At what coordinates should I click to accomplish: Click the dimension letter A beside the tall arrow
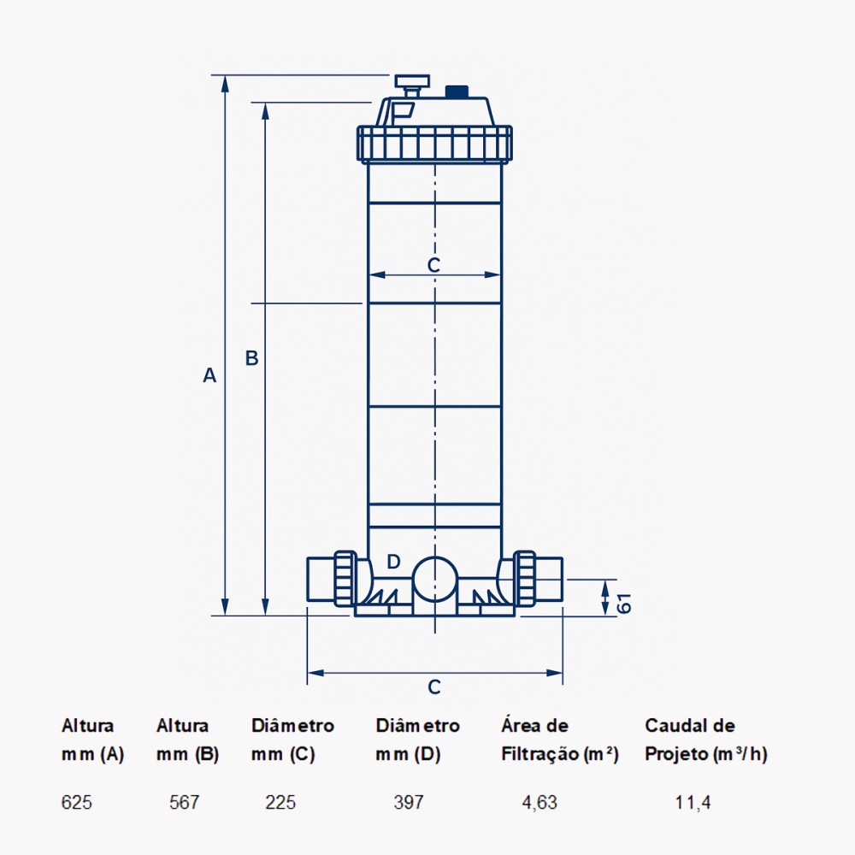pyautogui.click(x=209, y=375)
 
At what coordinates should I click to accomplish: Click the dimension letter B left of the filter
pyautogui.click(x=251, y=358)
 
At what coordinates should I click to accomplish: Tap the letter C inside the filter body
pyautogui.click(x=433, y=265)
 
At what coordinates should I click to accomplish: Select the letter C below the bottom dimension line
pyautogui.click(x=434, y=687)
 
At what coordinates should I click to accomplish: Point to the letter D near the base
pyautogui.click(x=393, y=562)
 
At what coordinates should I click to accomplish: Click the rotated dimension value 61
pyautogui.click(x=625, y=603)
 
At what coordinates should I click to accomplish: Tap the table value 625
pyautogui.click(x=76, y=803)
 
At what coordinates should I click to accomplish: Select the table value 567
pyautogui.click(x=185, y=803)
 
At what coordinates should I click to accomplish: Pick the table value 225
pyautogui.click(x=280, y=803)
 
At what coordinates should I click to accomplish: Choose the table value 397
pyautogui.click(x=409, y=803)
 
